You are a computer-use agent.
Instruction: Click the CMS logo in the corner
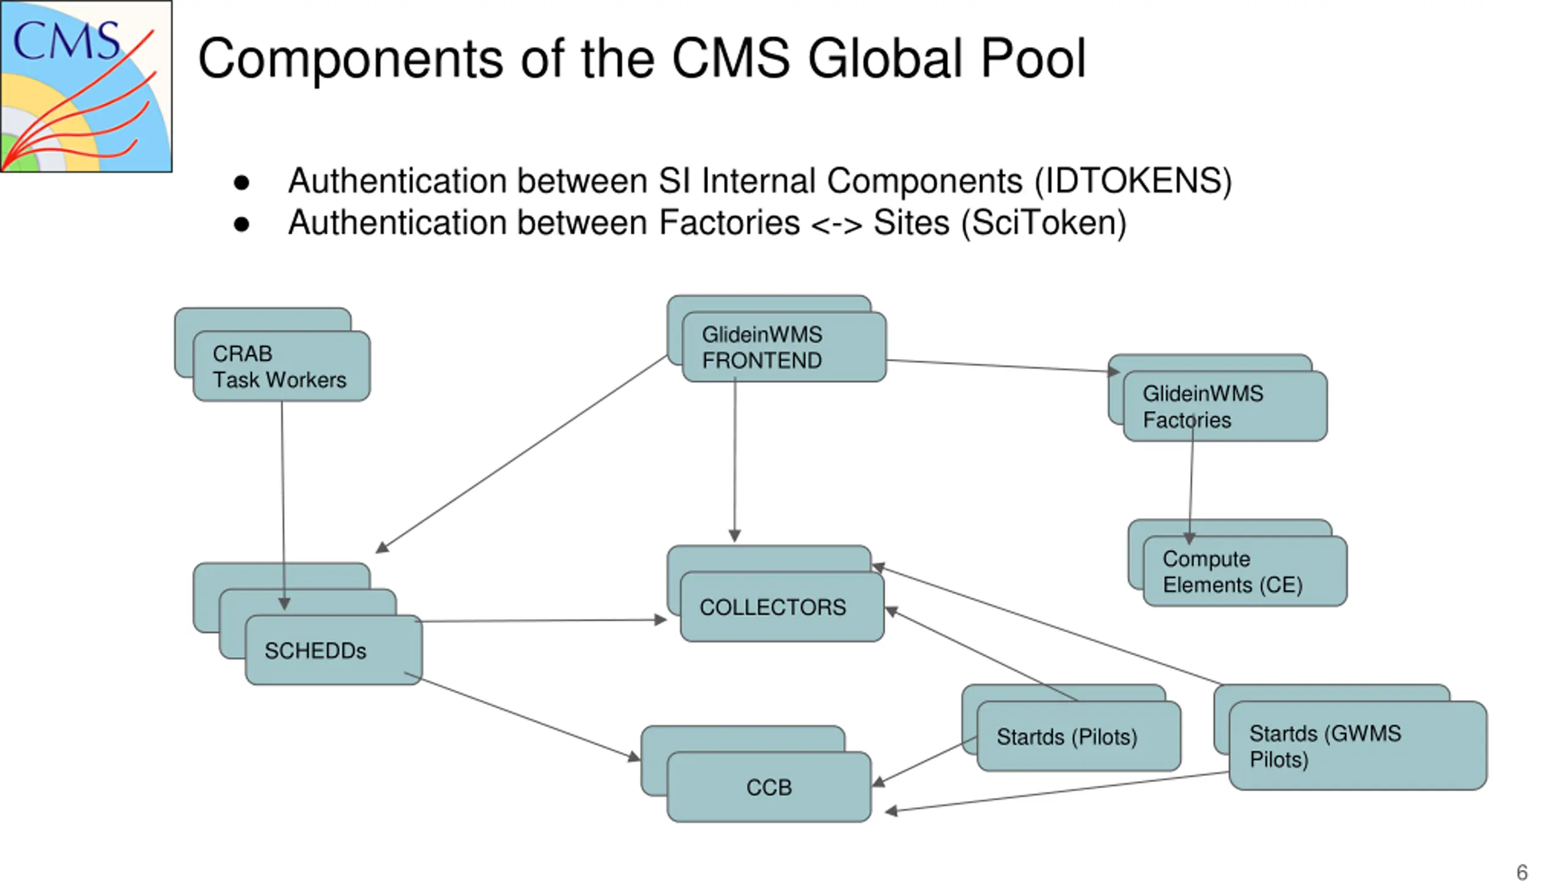pos(86,86)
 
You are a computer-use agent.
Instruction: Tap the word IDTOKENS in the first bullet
pos(1132,181)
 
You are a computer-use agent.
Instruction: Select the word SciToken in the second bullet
pos(1044,223)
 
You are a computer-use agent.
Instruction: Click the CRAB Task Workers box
pos(281,366)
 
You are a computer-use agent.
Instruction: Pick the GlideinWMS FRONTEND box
pos(784,347)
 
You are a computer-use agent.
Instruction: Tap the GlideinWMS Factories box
pos(1225,406)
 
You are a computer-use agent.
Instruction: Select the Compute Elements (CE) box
pos(1245,571)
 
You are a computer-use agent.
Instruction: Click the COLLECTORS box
pos(782,607)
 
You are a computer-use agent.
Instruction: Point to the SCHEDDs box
pos(334,650)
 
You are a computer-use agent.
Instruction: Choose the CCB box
pos(769,787)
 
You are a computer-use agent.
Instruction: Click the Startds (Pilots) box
pos(1079,736)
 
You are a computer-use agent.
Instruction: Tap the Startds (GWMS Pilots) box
pos(1358,746)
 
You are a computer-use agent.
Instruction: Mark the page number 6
pos(1522,872)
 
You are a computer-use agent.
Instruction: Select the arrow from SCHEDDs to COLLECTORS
pos(542,620)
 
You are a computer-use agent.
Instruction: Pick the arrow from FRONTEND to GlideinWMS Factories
pos(1003,366)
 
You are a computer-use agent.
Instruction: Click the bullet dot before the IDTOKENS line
pos(241,182)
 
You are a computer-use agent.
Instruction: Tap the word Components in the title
pos(350,59)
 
